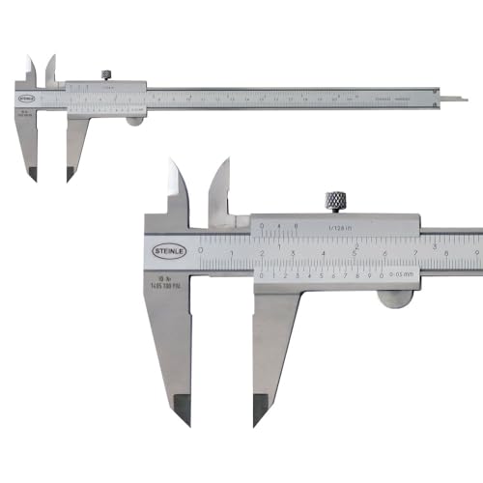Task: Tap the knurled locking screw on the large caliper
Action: point(334,201)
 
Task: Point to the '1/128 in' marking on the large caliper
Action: point(340,229)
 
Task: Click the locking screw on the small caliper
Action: point(106,72)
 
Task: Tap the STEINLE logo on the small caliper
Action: point(23,97)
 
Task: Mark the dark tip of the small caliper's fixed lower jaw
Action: point(31,174)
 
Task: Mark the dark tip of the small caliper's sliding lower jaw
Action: point(71,174)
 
